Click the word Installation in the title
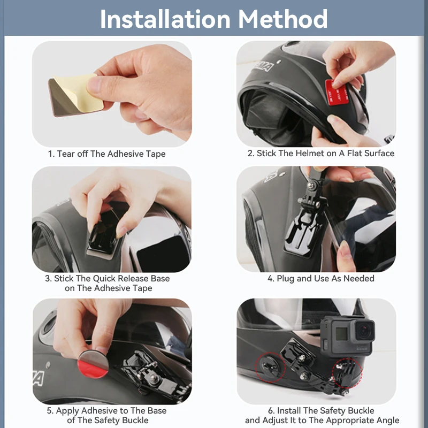coord(165,19)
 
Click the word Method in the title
coord(283,19)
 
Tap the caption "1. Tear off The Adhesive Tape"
coord(107,154)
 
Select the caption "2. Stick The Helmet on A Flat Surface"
coord(320,154)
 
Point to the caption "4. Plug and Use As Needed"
coord(320,279)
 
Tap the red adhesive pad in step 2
coord(337,91)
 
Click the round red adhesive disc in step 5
coord(94,364)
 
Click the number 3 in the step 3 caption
coord(48,279)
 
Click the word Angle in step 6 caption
coord(385,421)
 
